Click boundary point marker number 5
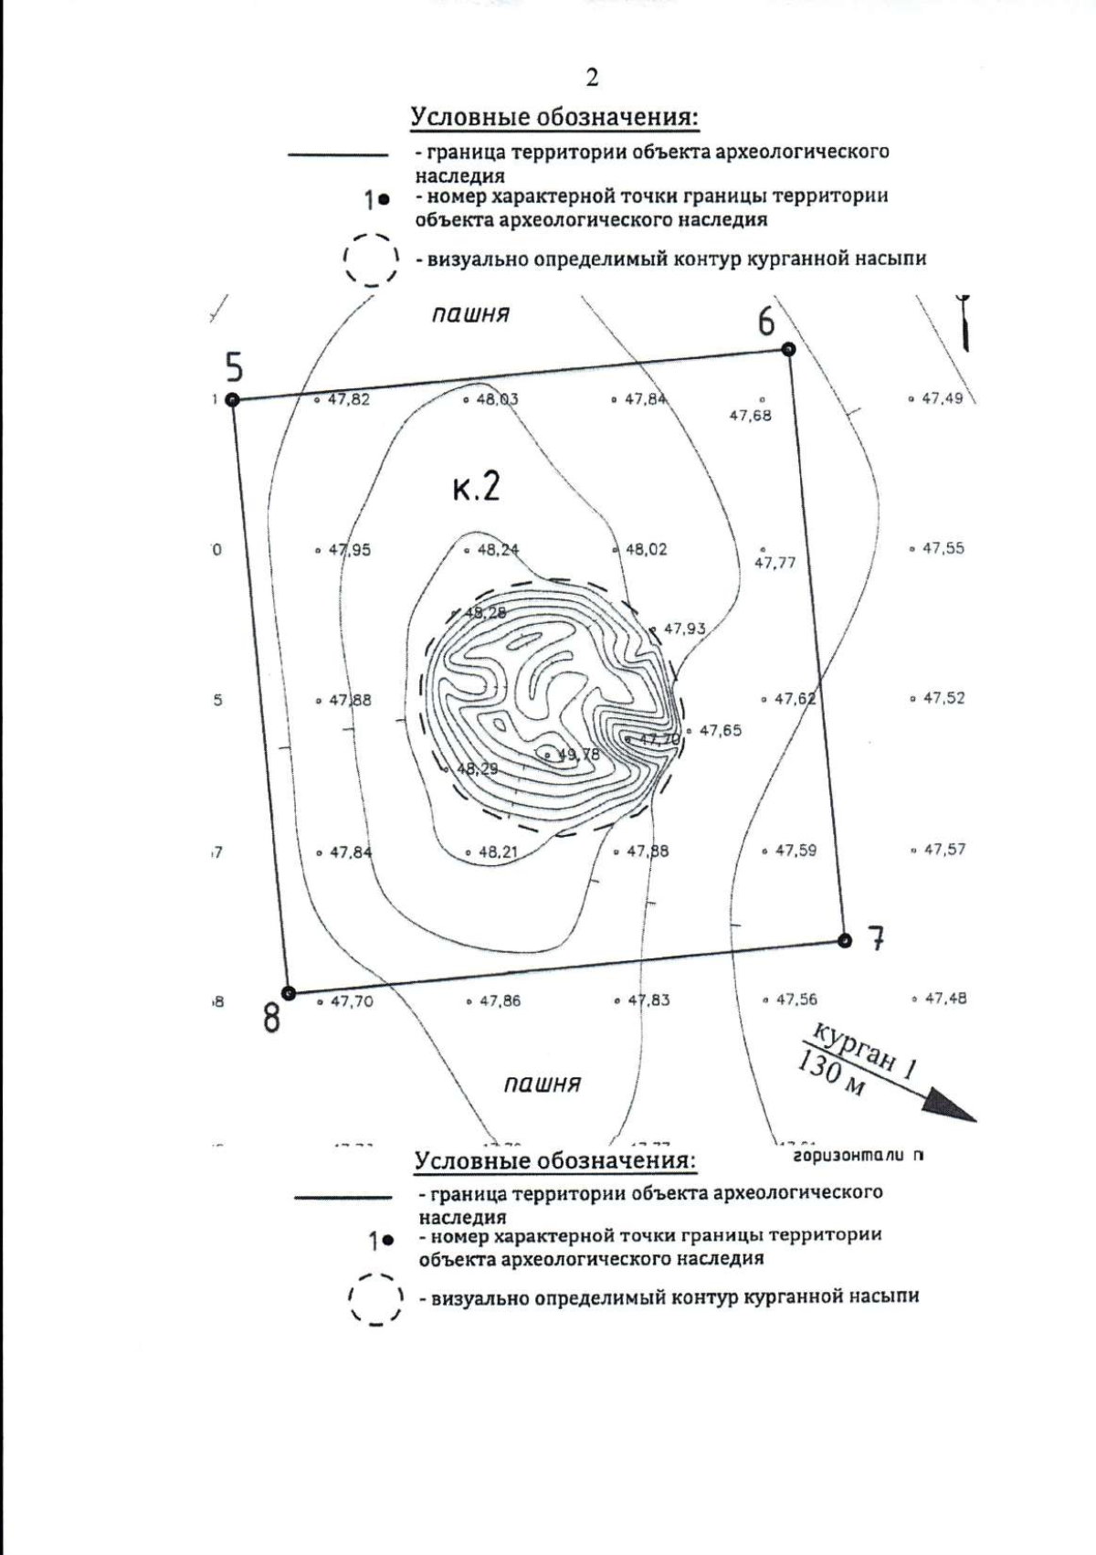tap(232, 399)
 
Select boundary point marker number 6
tap(788, 349)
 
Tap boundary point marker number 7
tap(845, 940)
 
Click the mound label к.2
tap(476, 487)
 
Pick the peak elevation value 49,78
tap(578, 755)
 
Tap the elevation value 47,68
tap(750, 416)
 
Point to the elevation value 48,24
tap(497, 550)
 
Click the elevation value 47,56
tap(796, 1000)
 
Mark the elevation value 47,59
tap(796, 851)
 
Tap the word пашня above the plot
tap(470, 314)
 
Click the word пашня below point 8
tap(543, 1084)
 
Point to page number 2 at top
tap(592, 79)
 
